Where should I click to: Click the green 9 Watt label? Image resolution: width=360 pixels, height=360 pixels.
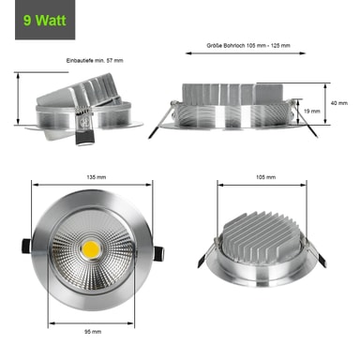(x=45, y=21)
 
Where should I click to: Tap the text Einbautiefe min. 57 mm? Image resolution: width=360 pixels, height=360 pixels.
(x=95, y=61)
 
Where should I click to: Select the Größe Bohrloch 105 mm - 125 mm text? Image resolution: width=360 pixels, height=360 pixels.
(x=248, y=46)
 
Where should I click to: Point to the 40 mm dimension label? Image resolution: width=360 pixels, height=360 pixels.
(x=339, y=103)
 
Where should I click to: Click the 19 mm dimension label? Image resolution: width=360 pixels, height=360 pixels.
(x=312, y=111)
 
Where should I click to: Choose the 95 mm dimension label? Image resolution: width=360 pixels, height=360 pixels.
(x=93, y=332)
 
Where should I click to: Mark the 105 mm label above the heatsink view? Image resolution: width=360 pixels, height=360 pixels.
(x=266, y=177)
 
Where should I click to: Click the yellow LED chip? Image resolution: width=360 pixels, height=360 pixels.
(x=91, y=249)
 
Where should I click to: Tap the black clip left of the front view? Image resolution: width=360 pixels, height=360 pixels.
(x=26, y=246)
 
